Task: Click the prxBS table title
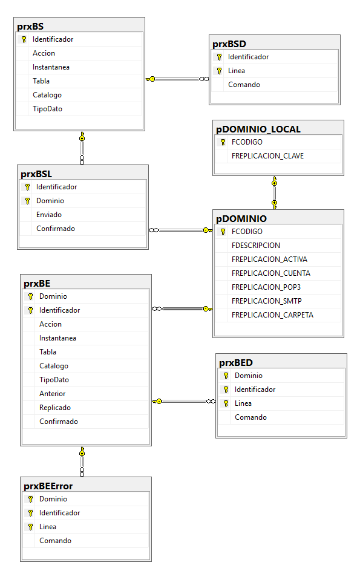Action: (30, 27)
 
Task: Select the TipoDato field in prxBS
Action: (47, 109)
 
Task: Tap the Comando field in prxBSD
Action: (244, 85)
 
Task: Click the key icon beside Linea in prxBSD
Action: (220, 71)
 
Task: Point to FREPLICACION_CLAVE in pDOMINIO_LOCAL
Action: (267, 156)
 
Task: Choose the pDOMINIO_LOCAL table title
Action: (258, 129)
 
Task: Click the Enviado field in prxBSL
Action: (49, 215)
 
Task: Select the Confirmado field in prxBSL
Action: (56, 229)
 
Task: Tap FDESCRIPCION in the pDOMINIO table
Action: (256, 246)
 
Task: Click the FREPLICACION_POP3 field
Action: (266, 287)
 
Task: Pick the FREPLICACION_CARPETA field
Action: (272, 315)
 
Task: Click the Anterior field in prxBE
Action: (52, 394)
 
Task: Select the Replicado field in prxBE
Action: (55, 408)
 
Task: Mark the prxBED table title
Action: (236, 363)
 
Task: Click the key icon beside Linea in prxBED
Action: (226, 403)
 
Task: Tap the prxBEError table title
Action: (48, 486)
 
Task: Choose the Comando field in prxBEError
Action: (55, 541)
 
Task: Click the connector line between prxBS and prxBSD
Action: (177, 79)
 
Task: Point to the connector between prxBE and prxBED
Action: (184, 401)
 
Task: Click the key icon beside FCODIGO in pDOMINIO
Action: (223, 232)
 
